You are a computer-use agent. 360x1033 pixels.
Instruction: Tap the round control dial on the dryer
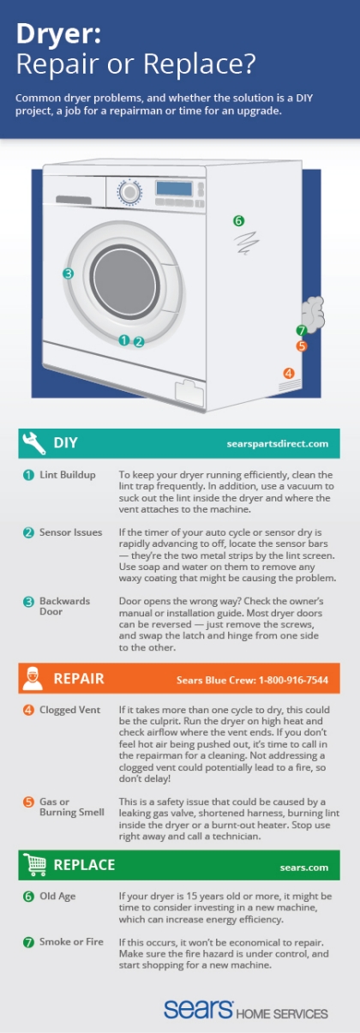[129, 192]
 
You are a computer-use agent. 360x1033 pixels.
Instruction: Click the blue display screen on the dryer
[174, 188]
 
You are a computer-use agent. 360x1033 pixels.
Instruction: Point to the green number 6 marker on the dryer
[238, 221]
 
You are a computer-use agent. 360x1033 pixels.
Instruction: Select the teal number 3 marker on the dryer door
[68, 273]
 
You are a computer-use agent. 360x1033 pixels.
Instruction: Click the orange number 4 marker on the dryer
[289, 373]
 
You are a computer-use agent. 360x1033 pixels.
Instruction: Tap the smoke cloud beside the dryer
[313, 315]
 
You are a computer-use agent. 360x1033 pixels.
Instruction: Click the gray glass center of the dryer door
[125, 282]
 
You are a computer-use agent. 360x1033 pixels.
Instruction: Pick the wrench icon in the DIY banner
[33, 443]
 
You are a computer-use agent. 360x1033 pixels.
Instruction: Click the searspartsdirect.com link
[278, 444]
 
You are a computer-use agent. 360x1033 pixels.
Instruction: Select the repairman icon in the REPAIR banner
[33, 678]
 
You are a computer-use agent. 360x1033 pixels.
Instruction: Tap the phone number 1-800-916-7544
[293, 680]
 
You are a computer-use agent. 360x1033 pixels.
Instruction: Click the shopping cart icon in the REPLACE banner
[34, 864]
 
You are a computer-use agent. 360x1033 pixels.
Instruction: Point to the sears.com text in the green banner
[303, 868]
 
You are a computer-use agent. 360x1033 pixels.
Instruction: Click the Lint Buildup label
[68, 475]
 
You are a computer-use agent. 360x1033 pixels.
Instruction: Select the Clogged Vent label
[69, 710]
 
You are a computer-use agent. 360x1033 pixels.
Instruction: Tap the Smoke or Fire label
[71, 941]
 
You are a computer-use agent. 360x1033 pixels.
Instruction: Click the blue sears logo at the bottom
[198, 1009]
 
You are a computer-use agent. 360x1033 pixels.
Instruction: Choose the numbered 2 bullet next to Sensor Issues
[28, 532]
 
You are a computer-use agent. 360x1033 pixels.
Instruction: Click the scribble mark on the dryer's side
[247, 243]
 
